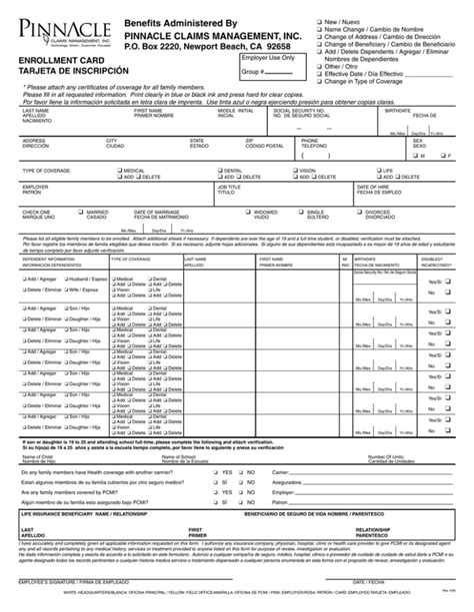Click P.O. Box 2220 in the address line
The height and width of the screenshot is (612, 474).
point(166,47)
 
